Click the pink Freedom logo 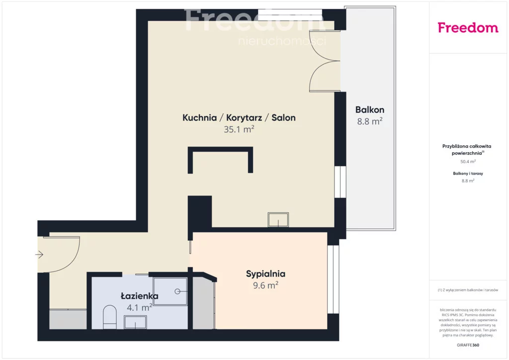468,27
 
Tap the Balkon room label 370,110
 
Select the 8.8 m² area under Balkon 370,121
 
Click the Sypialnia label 265,274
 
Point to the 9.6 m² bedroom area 265,285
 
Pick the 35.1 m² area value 239,129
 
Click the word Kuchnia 200,117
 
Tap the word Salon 283,117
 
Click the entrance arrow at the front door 39,255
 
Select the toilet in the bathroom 110,317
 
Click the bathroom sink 135,322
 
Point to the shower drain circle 177,291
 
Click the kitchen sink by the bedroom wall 278,220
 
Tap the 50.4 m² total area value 468,161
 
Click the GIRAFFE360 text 468,345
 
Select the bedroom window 333,279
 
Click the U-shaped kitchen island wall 220,149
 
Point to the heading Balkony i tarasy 468,174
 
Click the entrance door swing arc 74,260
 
